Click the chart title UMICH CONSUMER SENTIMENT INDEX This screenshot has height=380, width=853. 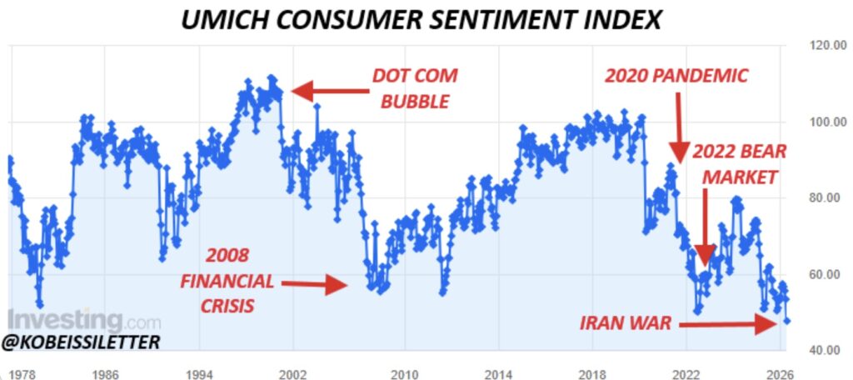[x=426, y=19]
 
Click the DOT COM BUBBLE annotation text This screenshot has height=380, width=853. [x=415, y=89]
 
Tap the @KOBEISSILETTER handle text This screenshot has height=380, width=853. [x=82, y=342]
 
